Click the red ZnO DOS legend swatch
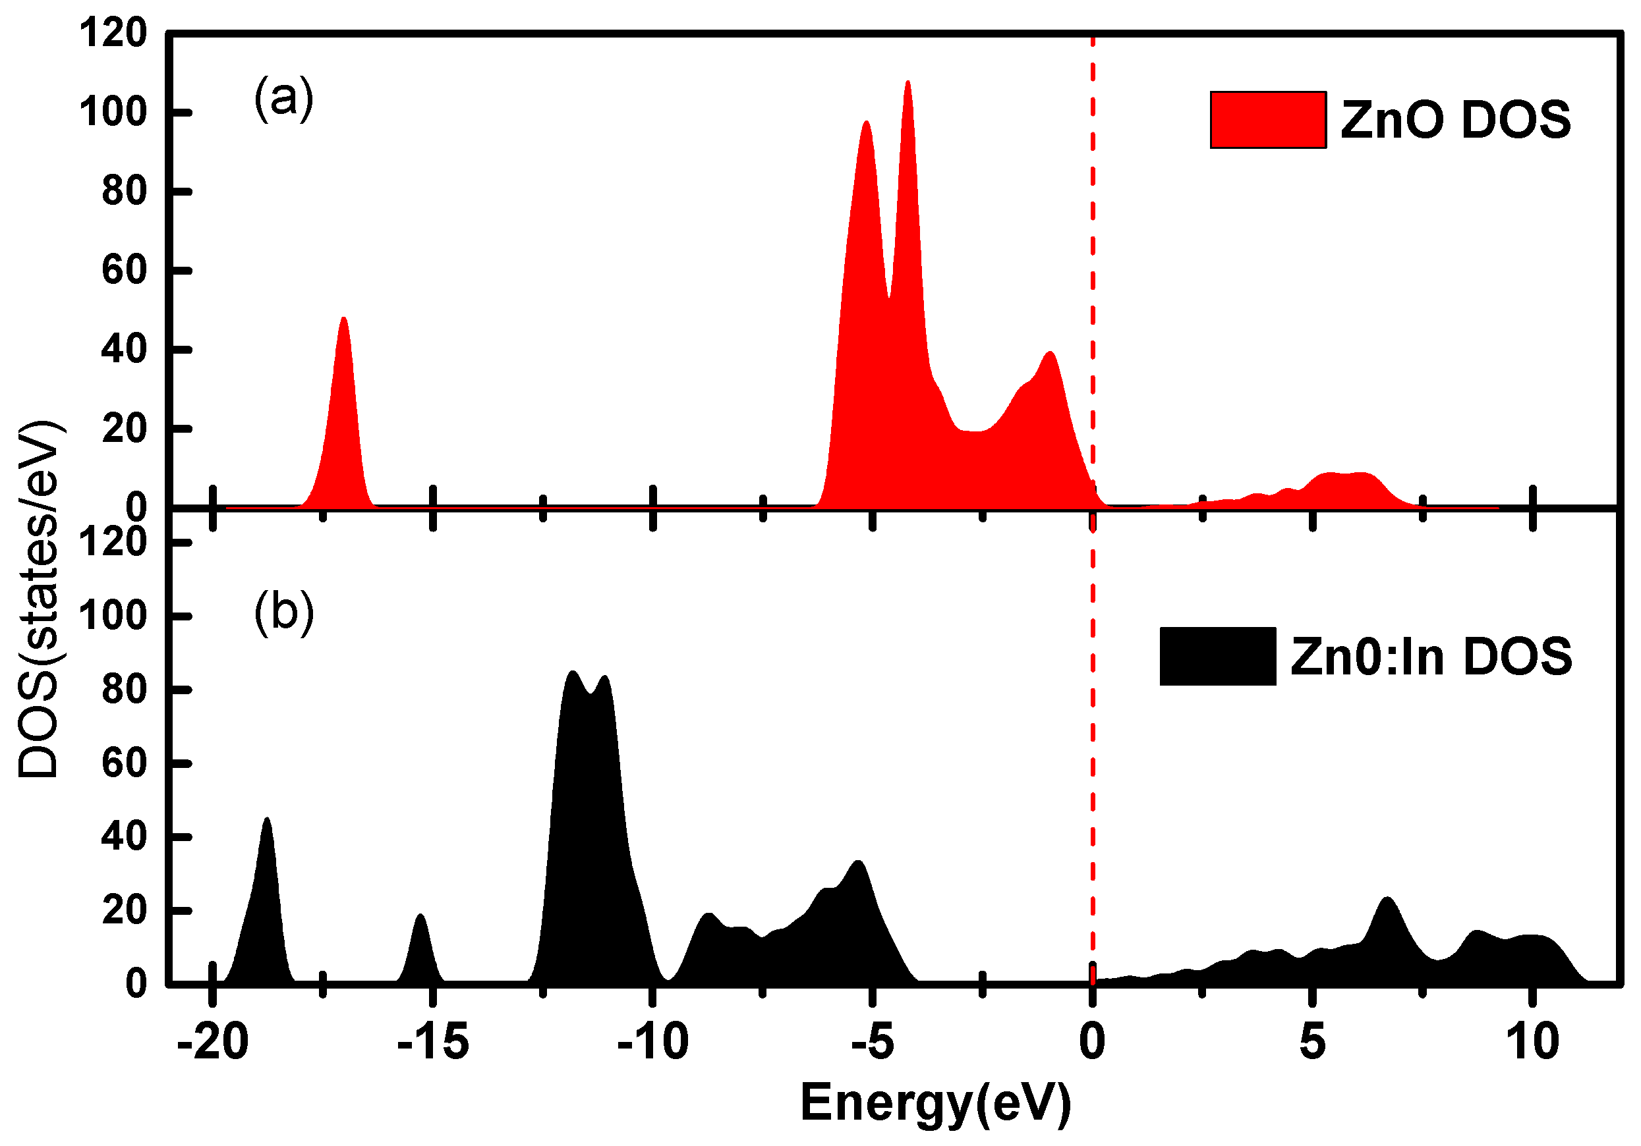coord(1268,120)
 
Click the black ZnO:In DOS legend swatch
coord(1217,656)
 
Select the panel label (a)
coord(284,98)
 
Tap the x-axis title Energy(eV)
coord(936,1103)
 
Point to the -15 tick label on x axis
coord(433,1042)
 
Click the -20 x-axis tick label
coord(213,1042)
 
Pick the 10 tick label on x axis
coord(1532,1042)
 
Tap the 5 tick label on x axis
coord(1312,1042)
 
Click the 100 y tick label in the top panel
coord(112,113)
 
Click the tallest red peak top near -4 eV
coord(907,83)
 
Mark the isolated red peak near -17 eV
coord(344,319)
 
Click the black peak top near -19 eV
coord(268,819)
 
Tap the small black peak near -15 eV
coord(420,916)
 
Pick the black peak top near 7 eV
coord(1387,899)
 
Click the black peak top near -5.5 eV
coord(858,862)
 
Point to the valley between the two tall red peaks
coord(888,296)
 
